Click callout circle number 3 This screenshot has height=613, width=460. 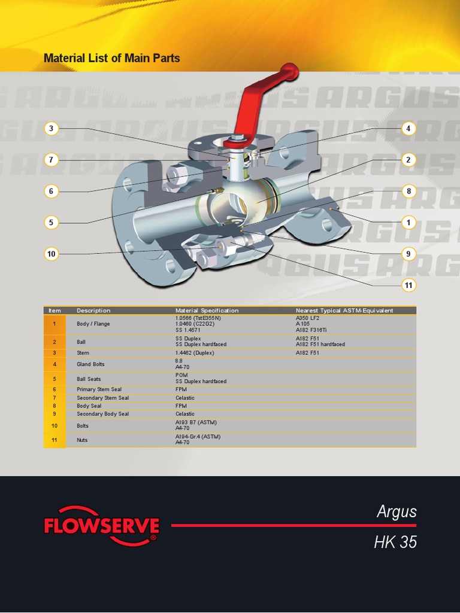point(52,128)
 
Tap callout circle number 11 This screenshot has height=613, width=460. point(408,286)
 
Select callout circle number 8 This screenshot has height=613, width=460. point(408,192)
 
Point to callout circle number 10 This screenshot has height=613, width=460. point(52,254)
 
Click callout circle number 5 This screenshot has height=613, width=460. point(52,223)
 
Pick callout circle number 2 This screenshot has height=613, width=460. point(408,160)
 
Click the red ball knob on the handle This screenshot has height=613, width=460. point(290,72)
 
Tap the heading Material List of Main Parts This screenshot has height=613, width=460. point(112,58)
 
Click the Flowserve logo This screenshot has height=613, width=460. point(101,527)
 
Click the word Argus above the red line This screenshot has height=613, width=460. point(397,512)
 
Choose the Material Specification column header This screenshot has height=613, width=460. point(207,311)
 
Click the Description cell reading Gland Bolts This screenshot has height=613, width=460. point(91,364)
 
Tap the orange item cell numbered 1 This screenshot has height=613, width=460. point(55,324)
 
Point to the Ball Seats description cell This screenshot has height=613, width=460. point(89,379)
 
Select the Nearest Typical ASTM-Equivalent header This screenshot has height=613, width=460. point(344,311)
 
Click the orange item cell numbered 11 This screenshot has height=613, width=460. point(55,440)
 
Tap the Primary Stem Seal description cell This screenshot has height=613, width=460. point(99,389)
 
